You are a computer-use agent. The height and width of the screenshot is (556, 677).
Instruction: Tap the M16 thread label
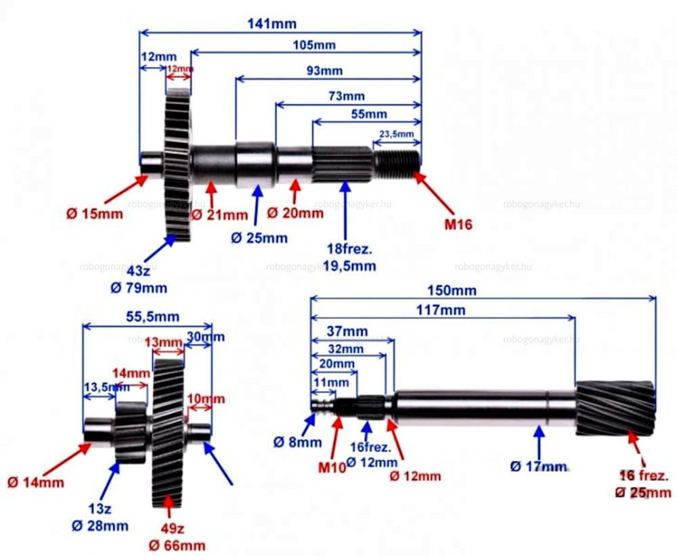pyautogui.click(x=458, y=225)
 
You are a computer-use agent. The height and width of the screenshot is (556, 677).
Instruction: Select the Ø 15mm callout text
pyautogui.click(x=95, y=214)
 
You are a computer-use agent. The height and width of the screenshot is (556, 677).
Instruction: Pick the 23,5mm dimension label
pyautogui.click(x=396, y=134)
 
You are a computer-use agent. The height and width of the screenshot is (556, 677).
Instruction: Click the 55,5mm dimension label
pyautogui.click(x=144, y=316)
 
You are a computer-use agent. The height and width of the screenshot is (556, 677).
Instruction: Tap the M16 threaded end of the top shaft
pyautogui.click(x=397, y=162)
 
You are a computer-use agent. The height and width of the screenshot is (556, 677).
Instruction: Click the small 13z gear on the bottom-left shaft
pyautogui.click(x=131, y=432)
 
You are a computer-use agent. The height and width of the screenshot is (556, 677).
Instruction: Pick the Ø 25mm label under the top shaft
pyautogui.click(x=259, y=237)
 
